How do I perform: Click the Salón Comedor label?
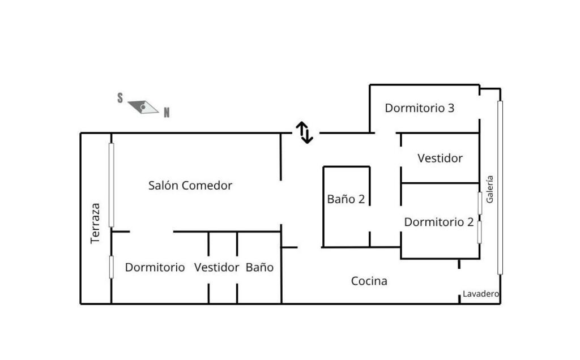click(x=190, y=185)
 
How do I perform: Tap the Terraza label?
click(x=95, y=223)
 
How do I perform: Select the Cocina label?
click(x=369, y=281)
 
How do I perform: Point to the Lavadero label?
click(x=480, y=294)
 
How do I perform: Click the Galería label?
click(x=490, y=189)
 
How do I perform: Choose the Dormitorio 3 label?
click(x=420, y=108)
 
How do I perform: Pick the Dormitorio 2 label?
click(x=439, y=222)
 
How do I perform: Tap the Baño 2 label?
click(x=346, y=199)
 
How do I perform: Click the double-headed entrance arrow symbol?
click(x=304, y=132)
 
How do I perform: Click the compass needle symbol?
click(x=143, y=107)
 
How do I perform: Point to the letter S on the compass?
click(x=120, y=98)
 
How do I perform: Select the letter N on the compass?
click(x=167, y=113)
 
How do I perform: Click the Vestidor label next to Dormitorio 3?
click(x=440, y=158)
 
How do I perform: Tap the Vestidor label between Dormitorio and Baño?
click(x=216, y=267)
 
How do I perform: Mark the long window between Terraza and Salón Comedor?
click(x=112, y=185)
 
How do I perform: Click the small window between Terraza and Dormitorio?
click(x=112, y=267)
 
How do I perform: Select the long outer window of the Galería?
click(x=500, y=187)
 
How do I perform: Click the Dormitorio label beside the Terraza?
click(x=155, y=267)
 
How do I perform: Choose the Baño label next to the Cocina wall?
click(x=259, y=267)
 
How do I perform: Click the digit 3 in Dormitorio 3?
click(x=451, y=108)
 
